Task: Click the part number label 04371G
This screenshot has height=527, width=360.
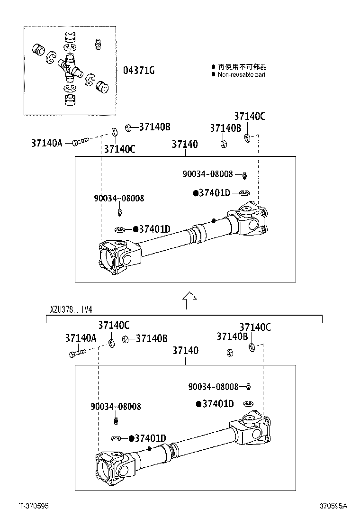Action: (x=139, y=71)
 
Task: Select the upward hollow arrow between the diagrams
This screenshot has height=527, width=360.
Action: (x=189, y=300)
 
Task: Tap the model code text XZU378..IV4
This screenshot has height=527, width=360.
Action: (x=71, y=309)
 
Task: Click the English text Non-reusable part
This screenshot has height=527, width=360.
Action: (x=241, y=75)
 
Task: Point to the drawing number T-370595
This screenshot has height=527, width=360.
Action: (x=34, y=506)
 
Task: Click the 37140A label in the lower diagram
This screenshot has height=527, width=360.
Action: (x=81, y=338)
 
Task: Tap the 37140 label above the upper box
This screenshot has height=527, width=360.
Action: (x=185, y=144)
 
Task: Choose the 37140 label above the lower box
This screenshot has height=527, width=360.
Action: (x=185, y=351)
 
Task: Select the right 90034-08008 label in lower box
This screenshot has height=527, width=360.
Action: (x=213, y=387)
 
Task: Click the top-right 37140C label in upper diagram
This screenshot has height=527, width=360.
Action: (x=250, y=117)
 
